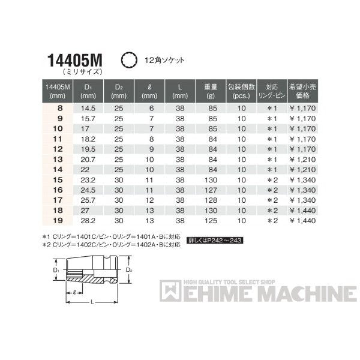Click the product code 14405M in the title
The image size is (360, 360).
point(76,61)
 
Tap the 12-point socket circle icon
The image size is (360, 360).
point(127,61)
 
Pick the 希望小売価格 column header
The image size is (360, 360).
point(306,90)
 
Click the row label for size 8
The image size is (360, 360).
point(58,108)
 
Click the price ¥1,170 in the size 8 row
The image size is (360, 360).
point(306,108)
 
